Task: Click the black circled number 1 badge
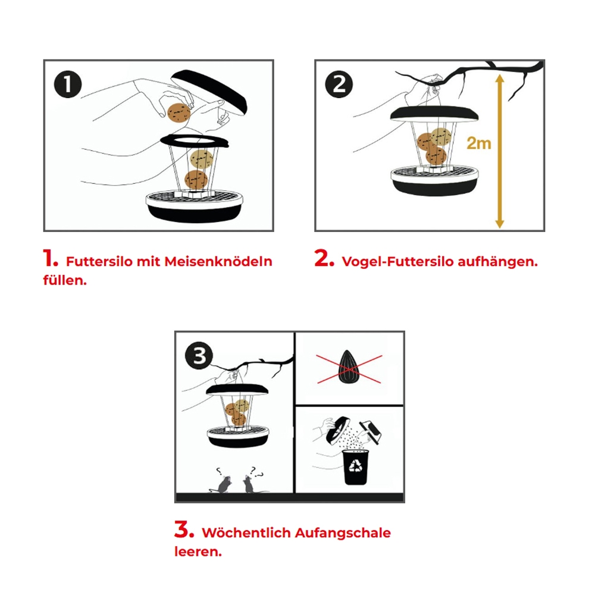[x=68, y=84]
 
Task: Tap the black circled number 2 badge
[x=339, y=84]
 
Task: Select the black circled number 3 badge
[x=199, y=356]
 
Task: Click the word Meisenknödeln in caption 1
[x=218, y=261]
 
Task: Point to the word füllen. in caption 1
[x=65, y=280]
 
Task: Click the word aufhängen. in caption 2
[x=497, y=261]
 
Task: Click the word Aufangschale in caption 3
[x=343, y=533]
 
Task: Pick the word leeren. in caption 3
[x=198, y=552]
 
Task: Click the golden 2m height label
[x=478, y=143]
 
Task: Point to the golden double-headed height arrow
[x=500, y=151]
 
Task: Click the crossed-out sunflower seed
[x=348, y=367]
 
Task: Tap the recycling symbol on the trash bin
[x=356, y=465]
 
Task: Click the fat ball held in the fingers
[x=178, y=112]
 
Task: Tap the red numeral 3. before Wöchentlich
[x=184, y=530]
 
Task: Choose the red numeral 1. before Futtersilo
[x=51, y=258]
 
